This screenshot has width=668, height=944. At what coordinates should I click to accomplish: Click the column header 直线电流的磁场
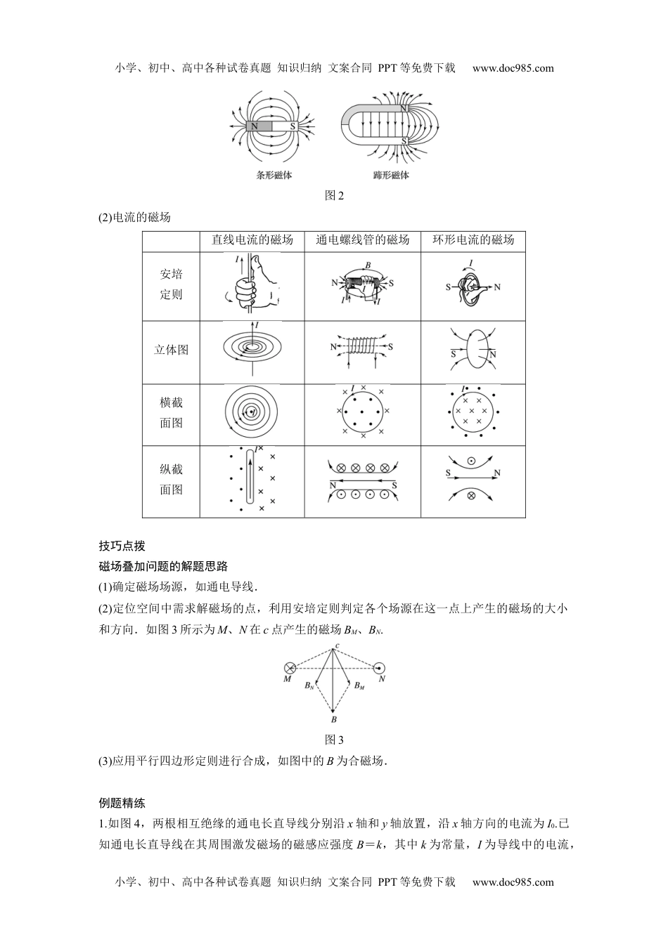click(x=252, y=240)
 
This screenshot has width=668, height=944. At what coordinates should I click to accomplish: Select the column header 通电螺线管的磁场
click(x=363, y=240)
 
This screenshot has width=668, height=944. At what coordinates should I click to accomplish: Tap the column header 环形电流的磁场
click(x=473, y=240)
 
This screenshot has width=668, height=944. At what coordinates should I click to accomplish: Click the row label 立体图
click(x=171, y=349)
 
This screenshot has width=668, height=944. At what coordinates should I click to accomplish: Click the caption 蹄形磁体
click(x=391, y=175)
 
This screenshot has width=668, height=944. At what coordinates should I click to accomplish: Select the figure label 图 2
click(x=334, y=196)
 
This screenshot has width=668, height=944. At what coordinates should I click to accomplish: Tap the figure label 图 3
click(x=334, y=740)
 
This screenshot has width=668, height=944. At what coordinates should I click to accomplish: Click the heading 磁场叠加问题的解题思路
click(x=163, y=566)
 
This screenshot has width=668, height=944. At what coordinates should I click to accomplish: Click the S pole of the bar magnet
click(x=291, y=126)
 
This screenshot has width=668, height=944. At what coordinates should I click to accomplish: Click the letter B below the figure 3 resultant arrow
click(x=334, y=720)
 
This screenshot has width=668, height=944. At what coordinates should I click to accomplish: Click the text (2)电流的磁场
click(x=135, y=217)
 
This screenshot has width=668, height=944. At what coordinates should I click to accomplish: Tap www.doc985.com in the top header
click(x=513, y=68)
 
